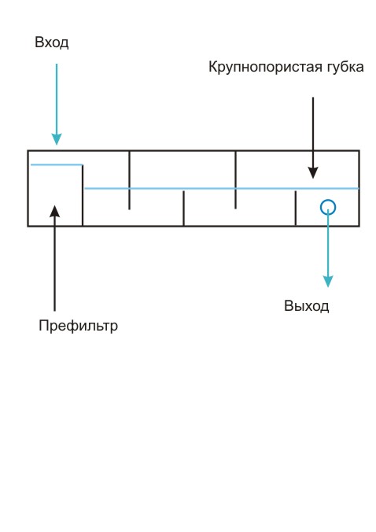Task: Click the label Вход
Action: click(52, 43)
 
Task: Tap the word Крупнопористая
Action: click(265, 67)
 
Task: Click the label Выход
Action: click(307, 306)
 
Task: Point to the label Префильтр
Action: click(79, 326)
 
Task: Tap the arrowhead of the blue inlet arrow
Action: click(57, 139)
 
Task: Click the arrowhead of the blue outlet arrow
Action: click(328, 281)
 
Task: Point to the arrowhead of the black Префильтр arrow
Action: click(54, 211)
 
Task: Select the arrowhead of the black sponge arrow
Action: click(313, 172)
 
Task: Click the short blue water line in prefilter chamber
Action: click(57, 165)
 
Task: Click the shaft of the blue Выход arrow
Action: click(328, 245)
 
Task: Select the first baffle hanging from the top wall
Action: click(129, 180)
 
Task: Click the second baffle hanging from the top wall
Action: click(236, 179)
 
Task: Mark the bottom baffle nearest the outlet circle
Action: click(296, 208)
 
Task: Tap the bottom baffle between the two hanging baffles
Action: click(183, 208)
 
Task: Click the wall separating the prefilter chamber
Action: click(83, 195)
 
